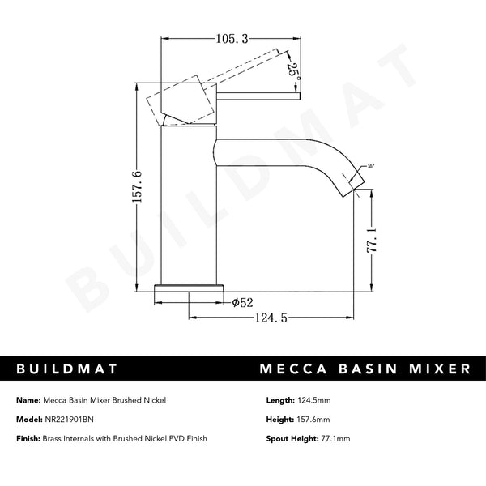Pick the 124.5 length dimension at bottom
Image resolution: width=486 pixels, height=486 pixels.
[271, 318]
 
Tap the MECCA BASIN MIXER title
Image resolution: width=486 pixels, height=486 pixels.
[365, 369]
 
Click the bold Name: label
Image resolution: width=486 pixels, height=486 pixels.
[27, 400]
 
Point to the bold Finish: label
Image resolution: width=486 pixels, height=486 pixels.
[28, 438]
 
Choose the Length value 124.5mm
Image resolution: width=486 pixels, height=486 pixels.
[321, 400]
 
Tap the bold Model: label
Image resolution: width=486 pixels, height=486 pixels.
[28, 419]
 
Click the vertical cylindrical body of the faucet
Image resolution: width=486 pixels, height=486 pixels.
[190, 211]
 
